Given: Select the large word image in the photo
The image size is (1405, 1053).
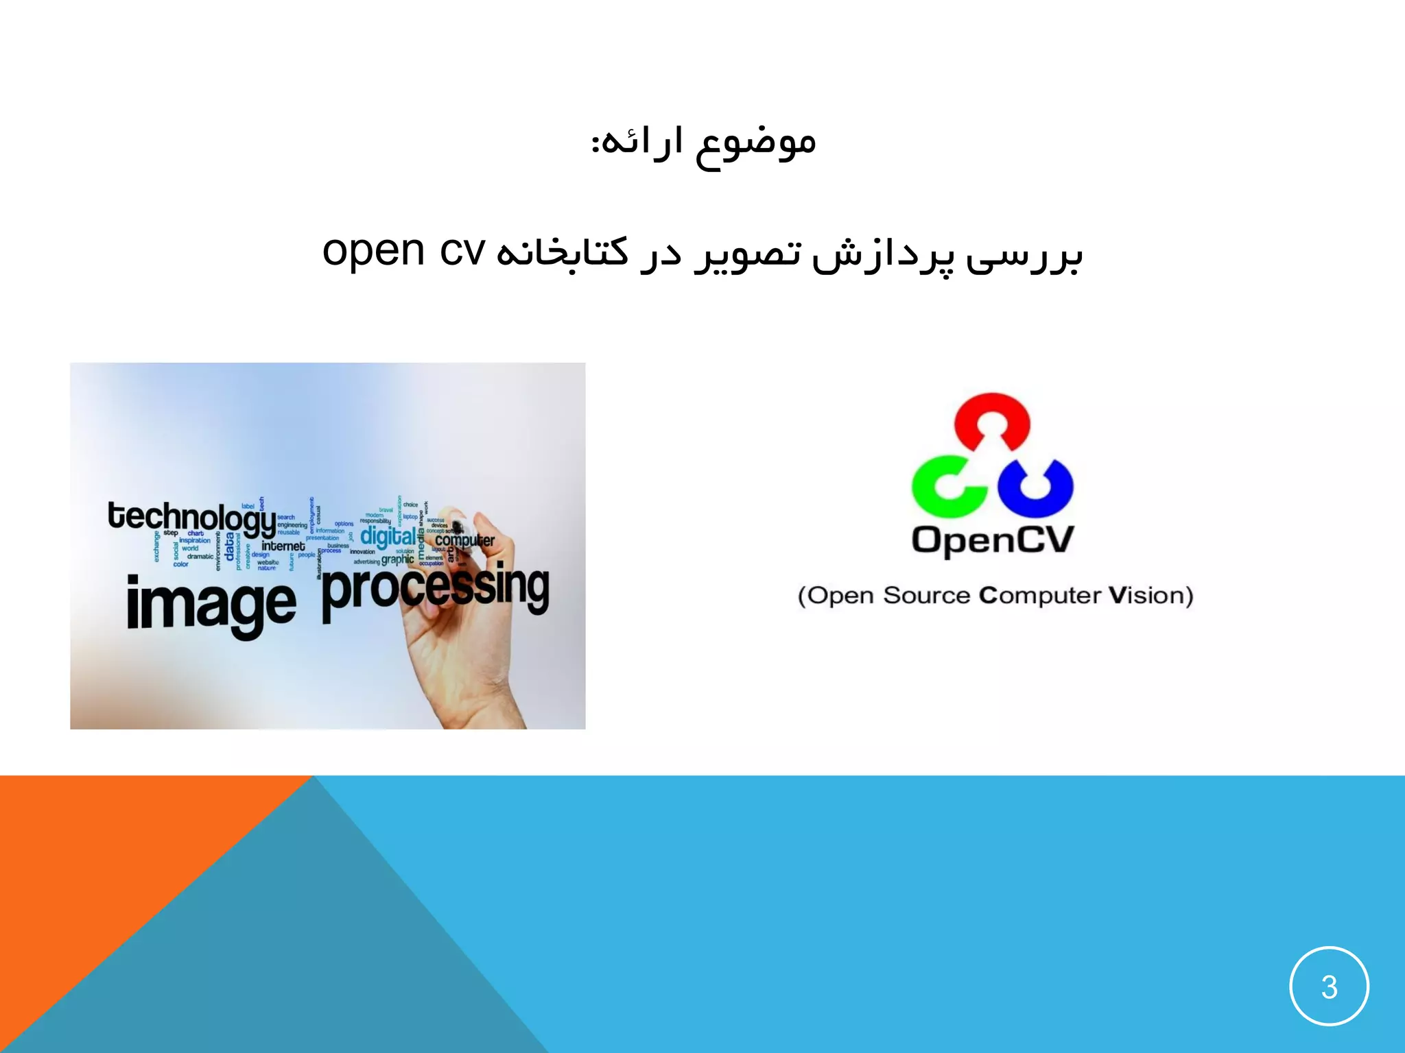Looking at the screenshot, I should click(x=211, y=605).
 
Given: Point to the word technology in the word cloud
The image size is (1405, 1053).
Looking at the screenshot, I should click(x=191, y=518).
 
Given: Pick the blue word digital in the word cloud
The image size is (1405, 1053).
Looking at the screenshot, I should click(x=388, y=535).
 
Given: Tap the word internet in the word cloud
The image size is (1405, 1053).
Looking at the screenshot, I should click(x=283, y=546).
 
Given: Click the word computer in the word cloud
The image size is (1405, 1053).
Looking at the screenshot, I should click(x=464, y=540).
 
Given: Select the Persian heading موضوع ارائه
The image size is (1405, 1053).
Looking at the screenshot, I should click(x=704, y=142).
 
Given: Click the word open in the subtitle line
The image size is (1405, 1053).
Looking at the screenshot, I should click(x=374, y=252).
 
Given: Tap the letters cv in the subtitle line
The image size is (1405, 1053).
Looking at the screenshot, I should click(x=463, y=252).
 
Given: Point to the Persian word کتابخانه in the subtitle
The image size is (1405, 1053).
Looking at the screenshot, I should click(x=563, y=254).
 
